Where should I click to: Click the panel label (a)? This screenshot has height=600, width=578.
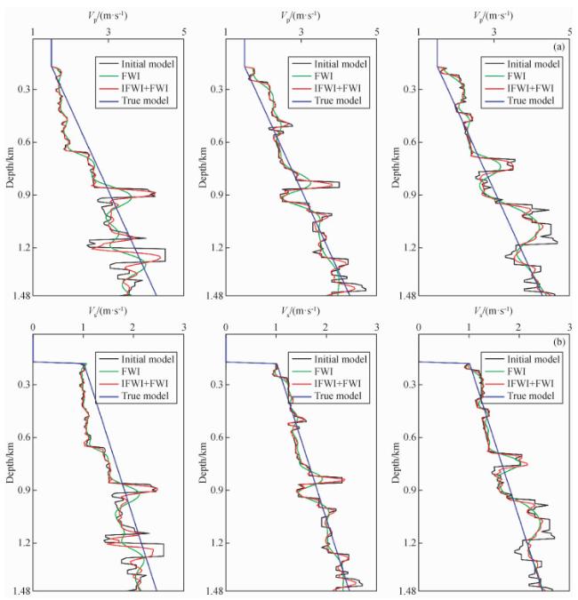point(558,46)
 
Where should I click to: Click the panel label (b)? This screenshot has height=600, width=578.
point(558,341)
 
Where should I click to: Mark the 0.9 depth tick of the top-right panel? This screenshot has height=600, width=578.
point(408,195)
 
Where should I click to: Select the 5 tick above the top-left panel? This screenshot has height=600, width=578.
point(184,32)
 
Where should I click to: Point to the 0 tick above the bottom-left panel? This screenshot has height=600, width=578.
point(33,327)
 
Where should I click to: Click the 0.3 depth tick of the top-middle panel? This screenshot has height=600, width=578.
point(214,89)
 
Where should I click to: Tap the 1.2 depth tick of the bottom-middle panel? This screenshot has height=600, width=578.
point(214,543)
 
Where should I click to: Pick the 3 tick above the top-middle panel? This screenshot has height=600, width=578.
point(301,32)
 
